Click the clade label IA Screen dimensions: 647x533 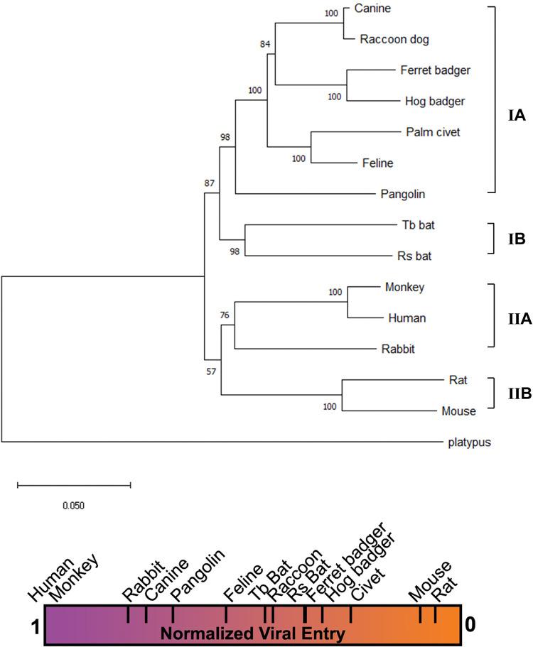click(517, 116)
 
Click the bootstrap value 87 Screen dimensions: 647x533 click(209, 183)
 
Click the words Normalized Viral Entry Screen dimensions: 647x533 click(254, 632)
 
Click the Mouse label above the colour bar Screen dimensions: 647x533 click(431, 579)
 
